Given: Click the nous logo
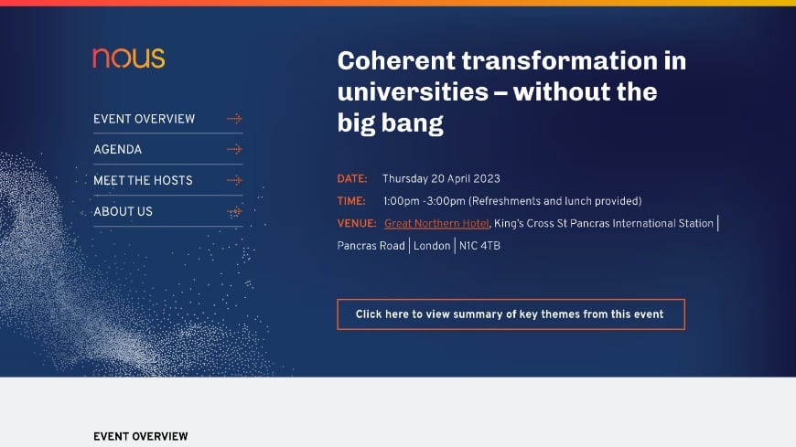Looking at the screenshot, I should pos(129,59).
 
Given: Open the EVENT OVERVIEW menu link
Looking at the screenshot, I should pos(144,119).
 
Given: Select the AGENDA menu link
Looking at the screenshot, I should pos(117,149).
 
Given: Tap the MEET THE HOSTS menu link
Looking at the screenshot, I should pos(143,180).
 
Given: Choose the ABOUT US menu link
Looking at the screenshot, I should pos(123,211).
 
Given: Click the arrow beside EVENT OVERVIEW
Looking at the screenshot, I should pos(234,119).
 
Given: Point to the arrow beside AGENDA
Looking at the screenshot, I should pos(234,149).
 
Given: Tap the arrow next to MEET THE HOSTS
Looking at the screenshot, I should pos(234,180).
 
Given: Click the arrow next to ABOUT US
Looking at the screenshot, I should pos(234,211).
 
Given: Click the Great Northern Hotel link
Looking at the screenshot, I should pos(436,223).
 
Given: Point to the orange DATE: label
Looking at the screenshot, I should pos(352,178).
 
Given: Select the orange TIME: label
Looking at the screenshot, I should pos(351,201).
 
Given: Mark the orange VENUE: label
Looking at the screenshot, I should pos(357,223).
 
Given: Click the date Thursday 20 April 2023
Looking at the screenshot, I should pos(441,178).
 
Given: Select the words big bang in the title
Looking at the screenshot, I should pos(391,123).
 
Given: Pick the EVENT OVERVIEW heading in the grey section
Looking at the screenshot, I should pos(141,437).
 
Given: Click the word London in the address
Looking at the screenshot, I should pos(432,246).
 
